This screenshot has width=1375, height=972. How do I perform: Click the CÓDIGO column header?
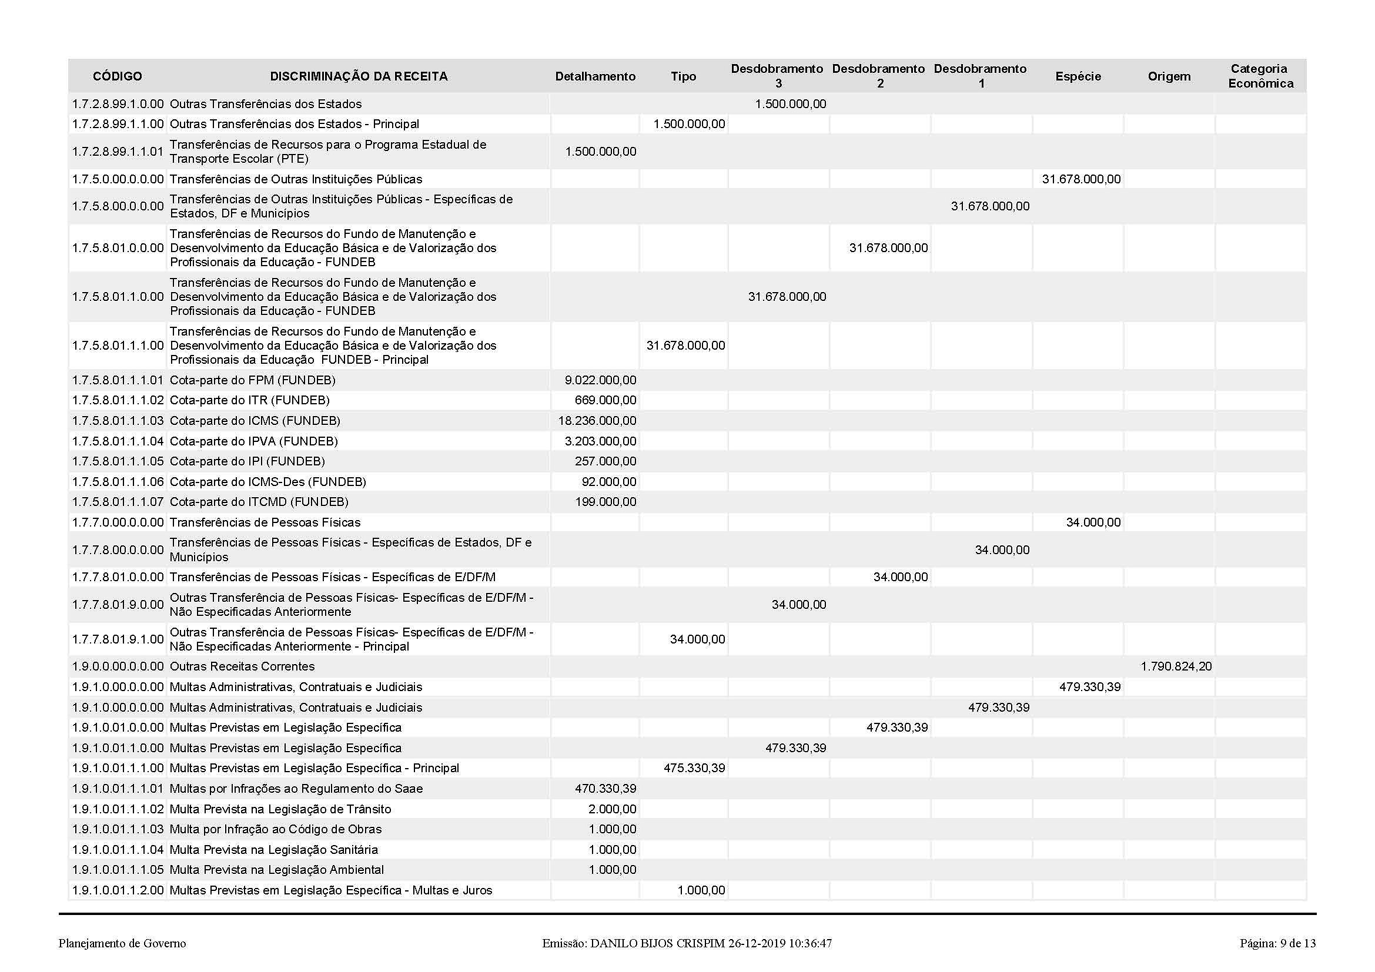point(118,76)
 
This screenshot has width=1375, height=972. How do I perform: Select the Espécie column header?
point(1078,76)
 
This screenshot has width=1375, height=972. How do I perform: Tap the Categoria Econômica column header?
point(1260,76)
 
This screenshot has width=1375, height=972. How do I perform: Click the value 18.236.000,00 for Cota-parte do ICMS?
point(597,421)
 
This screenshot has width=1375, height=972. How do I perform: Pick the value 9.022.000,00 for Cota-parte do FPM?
point(600,380)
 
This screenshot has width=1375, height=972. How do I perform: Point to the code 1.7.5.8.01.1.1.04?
point(118,441)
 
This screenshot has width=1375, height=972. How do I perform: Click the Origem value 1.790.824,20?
point(1176,666)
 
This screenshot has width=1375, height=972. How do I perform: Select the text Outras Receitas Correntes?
point(242,666)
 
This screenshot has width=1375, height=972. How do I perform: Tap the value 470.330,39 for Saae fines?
point(605,788)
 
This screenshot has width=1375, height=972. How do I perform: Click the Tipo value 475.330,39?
point(694,768)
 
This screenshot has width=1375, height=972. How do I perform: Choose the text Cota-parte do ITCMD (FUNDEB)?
point(259,501)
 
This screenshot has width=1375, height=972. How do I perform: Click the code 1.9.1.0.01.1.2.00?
point(118,890)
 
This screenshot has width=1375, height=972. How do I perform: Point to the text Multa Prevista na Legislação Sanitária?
point(274,849)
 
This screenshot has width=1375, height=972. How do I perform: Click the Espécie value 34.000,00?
point(1093,522)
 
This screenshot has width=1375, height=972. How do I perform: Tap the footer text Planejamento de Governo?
point(122,943)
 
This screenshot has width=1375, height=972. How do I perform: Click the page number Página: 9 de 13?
point(1277,943)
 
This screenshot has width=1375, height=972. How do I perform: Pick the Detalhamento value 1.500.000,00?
point(600,152)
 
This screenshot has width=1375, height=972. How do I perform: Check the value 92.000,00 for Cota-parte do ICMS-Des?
point(608,482)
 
